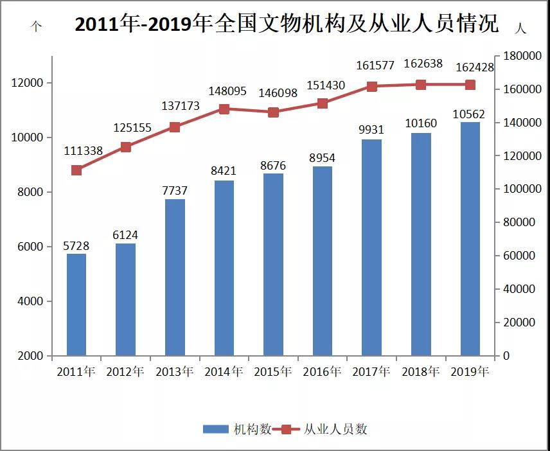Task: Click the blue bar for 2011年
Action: coord(76,305)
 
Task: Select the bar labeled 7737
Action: coord(175,277)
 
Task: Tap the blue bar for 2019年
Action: coord(470,238)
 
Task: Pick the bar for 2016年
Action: coord(323,261)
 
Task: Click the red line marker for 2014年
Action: coord(224,109)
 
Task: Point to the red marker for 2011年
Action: coord(76,170)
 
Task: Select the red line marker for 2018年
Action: coord(421,85)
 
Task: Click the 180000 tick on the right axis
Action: coord(522,57)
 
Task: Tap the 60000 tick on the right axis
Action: coord(519,256)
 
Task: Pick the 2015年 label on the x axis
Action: coord(273,372)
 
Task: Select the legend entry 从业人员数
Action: coord(324,429)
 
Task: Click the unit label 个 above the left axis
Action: coord(36,28)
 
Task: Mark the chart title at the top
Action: coord(287,24)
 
